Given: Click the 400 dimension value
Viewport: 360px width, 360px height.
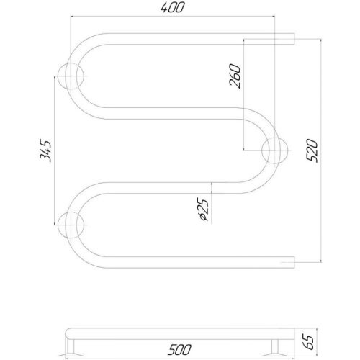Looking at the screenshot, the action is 173,7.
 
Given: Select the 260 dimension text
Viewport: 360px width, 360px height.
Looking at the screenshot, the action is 235,76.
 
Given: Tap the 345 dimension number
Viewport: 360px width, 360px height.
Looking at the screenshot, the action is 45,150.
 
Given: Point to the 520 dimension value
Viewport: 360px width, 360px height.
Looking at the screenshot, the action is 312,150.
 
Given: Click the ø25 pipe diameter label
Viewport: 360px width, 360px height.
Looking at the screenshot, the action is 203,209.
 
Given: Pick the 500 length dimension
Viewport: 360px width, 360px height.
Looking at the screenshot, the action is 179,350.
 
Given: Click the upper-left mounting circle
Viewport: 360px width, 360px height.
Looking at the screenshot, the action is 71,76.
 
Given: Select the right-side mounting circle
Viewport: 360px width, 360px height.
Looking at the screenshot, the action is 274,150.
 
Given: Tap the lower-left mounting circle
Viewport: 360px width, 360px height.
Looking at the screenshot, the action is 71,225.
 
